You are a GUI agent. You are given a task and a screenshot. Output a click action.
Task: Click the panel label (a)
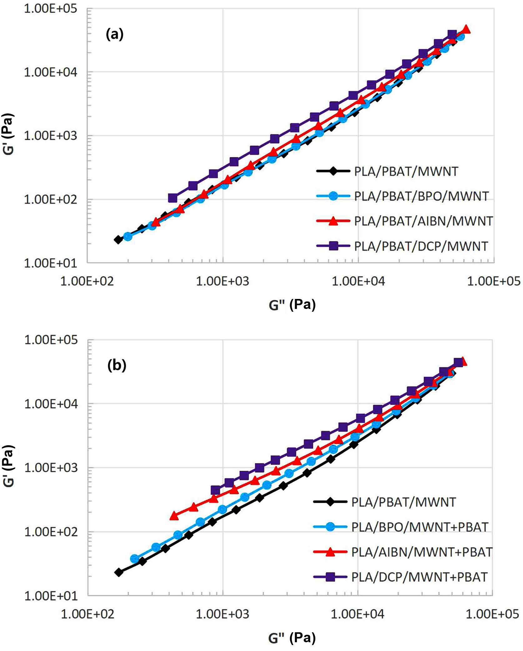pos(115,34)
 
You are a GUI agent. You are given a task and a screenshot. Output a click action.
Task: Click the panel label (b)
pos(117,365)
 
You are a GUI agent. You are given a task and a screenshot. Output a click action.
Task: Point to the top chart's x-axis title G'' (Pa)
pos(292,305)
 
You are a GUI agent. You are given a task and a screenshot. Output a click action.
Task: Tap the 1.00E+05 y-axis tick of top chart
pos(50,9)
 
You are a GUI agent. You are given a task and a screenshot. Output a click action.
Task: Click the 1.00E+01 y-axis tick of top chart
pos(50,263)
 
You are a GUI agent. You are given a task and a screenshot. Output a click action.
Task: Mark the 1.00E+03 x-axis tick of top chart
pos(222,281)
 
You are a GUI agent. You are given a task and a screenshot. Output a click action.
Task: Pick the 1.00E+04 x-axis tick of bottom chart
pos(357,614)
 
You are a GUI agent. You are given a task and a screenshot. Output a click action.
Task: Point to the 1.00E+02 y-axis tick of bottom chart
pos(51,532)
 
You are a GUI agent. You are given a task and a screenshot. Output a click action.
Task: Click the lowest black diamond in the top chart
pos(118,240)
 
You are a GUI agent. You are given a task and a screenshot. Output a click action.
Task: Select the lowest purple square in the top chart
pos(173,198)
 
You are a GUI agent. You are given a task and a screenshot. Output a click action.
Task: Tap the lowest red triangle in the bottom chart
pos(174,516)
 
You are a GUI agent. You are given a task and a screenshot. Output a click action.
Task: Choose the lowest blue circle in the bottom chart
pos(134,559)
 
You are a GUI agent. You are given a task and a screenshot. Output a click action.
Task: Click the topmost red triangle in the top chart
pos(466,29)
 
